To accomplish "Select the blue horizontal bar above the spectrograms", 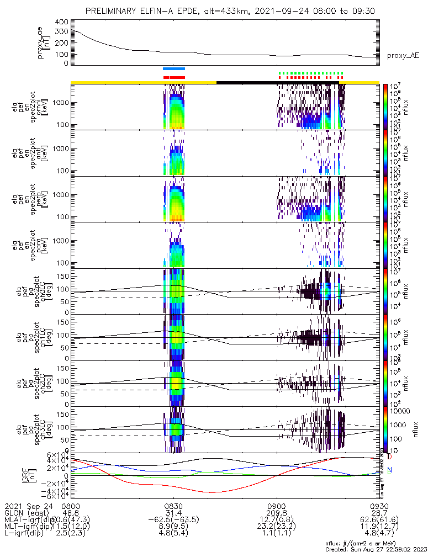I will (174, 68).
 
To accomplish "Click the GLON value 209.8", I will (276, 513).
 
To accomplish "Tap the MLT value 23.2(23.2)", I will (276, 527).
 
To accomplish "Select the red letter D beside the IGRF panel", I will (390, 457).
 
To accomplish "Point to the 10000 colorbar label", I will (401, 411).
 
